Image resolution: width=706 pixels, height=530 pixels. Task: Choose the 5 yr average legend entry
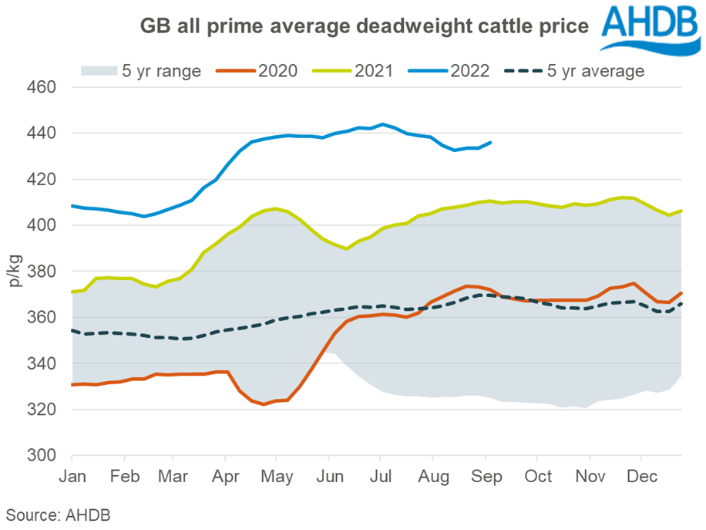point(574,71)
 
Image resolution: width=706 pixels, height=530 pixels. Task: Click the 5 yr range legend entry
point(140,71)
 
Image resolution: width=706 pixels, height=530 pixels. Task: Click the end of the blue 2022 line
point(491,142)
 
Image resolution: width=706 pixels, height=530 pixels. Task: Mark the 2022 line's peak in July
point(382,123)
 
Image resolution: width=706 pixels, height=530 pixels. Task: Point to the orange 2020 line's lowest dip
point(264,404)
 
